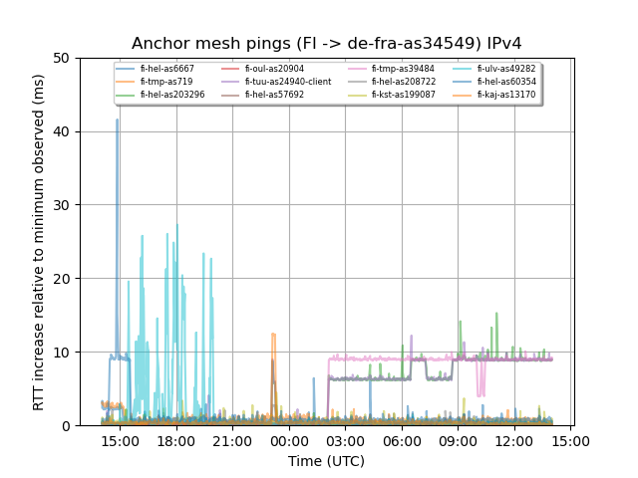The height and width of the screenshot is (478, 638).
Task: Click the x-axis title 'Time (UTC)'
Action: [326, 461]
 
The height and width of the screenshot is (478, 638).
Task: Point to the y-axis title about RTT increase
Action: [39, 242]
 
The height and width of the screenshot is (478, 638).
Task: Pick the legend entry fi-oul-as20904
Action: [278, 69]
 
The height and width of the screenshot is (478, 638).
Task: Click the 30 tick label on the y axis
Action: [62, 205]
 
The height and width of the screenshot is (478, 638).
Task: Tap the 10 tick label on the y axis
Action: [62, 353]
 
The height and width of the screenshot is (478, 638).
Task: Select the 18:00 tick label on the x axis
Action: [176, 441]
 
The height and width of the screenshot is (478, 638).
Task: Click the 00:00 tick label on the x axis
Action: [289, 441]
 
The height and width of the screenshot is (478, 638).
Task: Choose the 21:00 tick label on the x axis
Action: [232, 441]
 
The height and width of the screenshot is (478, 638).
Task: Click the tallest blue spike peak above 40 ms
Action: [117, 120]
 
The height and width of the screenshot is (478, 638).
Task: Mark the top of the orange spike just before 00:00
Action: [272, 335]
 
